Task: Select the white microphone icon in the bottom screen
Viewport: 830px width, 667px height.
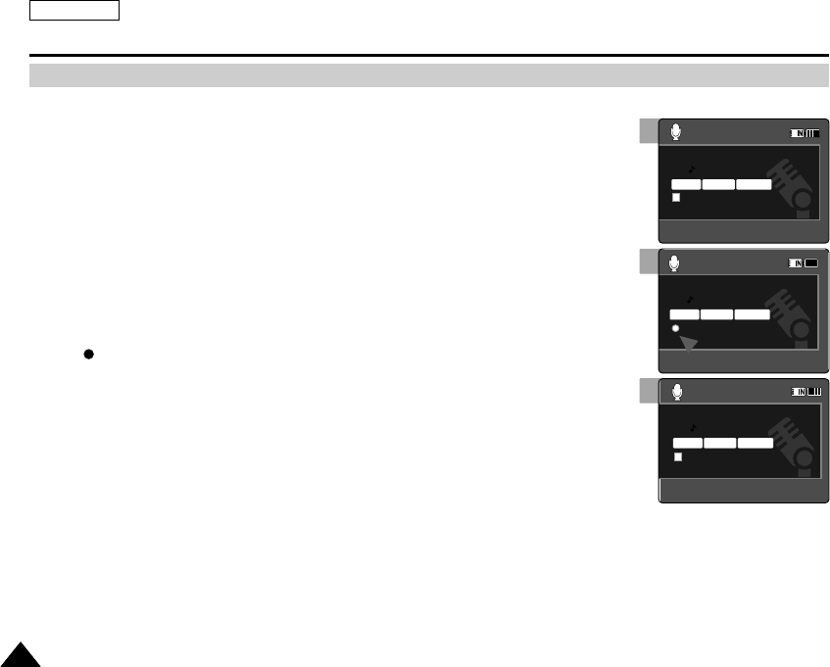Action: click(x=677, y=392)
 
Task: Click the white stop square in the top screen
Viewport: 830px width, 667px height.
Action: click(x=676, y=198)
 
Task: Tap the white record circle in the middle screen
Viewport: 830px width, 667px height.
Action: click(x=675, y=329)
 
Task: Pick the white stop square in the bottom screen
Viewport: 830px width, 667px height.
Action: click(x=677, y=457)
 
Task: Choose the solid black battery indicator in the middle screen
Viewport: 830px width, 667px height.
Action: click(x=811, y=263)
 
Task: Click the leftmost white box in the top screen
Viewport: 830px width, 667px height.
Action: click(x=686, y=183)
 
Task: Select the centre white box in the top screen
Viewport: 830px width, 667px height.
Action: click(x=718, y=183)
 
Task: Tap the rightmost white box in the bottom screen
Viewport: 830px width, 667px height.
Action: click(x=755, y=443)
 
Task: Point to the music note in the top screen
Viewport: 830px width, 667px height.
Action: click(x=690, y=168)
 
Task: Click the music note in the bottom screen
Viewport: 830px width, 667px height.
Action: click(x=695, y=428)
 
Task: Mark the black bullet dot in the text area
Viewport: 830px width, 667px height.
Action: click(x=88, y=355)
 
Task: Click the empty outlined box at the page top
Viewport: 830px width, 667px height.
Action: click(x=74, y=11)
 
